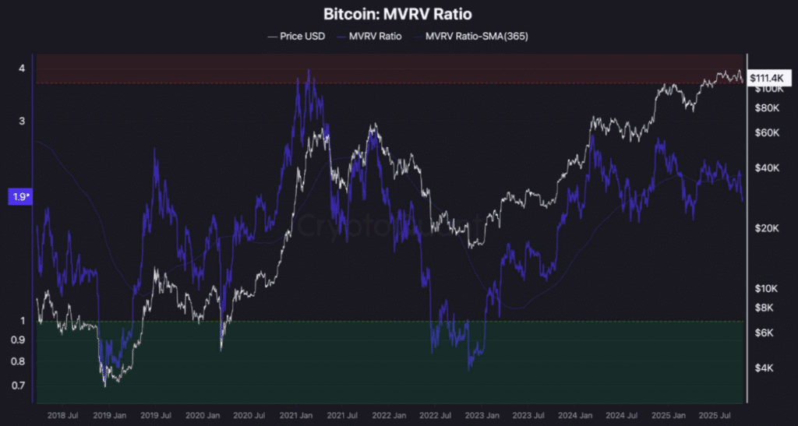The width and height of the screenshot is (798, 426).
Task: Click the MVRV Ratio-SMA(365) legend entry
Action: [476, 37]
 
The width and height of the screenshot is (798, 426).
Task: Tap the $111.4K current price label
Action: [769, 78]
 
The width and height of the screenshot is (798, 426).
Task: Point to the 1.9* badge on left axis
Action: [19, 197]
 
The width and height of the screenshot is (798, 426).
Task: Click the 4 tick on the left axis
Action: [22, 69]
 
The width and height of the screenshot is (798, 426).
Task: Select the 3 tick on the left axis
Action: [22, 121]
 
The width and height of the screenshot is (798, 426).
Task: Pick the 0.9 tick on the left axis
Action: [19, 340]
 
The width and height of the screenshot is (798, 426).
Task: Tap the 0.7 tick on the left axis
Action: [19, 386]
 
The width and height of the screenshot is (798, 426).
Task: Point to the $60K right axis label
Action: [767, 132]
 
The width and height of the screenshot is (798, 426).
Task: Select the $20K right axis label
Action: [767, 228]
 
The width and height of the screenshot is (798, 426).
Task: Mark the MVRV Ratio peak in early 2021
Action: [309, 71]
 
